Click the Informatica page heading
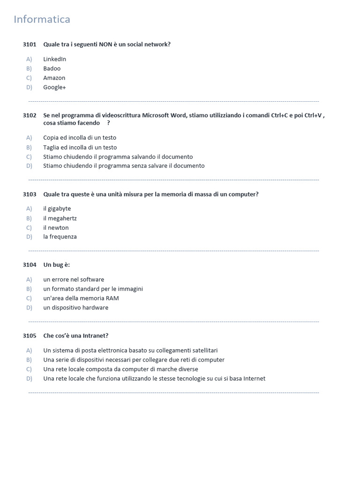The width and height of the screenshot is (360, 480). click(42, 19)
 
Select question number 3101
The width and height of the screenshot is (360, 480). click(30, 45)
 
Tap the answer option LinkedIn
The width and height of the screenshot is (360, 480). click(54, 59)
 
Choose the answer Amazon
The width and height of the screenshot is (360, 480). click(54, 78)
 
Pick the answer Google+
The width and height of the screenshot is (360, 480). click(54, 87)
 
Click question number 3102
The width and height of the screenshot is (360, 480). click(30, 115)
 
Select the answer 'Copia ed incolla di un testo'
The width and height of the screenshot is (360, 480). click(80, 138)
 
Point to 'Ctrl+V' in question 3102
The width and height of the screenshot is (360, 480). click(313, 115)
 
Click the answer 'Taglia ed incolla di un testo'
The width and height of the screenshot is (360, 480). click(80, 147)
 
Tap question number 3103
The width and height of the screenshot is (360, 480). click(30, 195)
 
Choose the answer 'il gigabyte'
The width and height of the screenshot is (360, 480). click(57, 209)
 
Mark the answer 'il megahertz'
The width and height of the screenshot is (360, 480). click(60, 218)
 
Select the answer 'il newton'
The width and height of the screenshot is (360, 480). click(56, 228)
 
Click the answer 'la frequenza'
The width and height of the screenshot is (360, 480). click(60, 237)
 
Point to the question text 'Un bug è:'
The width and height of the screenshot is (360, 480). click(56, 265)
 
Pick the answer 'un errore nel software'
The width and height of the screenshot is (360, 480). click(74, 279)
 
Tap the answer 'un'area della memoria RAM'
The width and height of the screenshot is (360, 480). click(81, 298)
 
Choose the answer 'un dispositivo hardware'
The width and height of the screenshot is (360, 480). click(75, 307)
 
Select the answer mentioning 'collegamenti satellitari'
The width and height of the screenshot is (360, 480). click(130, 351)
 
